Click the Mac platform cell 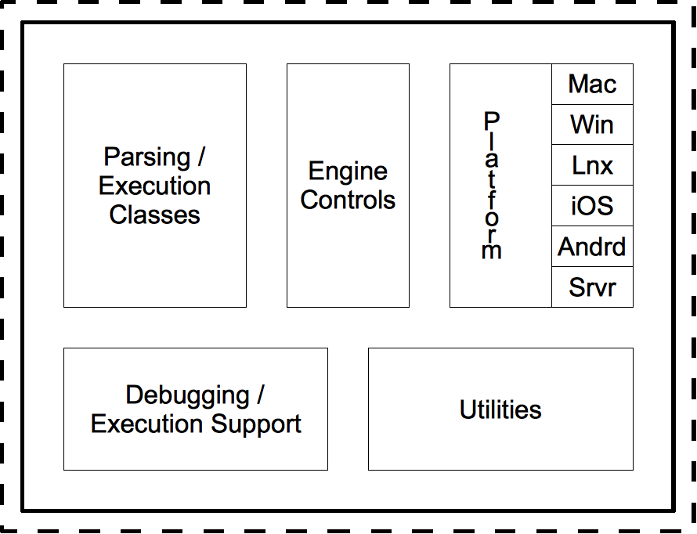(592, 84)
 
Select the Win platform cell (592, 124)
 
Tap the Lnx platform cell (592, 165)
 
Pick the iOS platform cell (592, 206)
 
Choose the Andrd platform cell (592, 247)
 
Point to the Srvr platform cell (592, 287)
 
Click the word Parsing (147, 157)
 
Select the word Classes (155, 215)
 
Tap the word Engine (348, 171)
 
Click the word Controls (348, 200)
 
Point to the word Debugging (187, 395)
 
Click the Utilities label (500, 410)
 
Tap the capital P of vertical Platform (491, 121)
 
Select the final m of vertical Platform (491, 251)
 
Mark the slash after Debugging (260, 395)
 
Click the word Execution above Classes (155, 186)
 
